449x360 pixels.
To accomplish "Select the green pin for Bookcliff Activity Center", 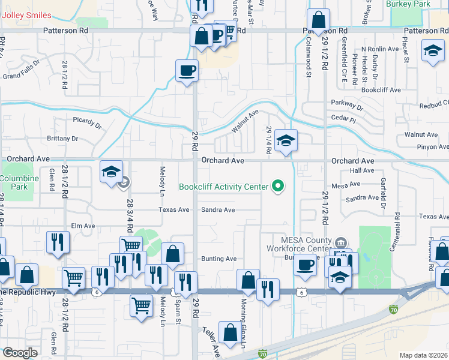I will click(277, 187).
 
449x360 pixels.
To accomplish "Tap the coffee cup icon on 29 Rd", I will click(187, 71).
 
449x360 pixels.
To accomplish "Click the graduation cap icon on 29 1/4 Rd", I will click(286, 140).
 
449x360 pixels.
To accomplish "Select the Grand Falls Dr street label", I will click(21, 76).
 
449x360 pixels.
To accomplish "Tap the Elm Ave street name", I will click(83, 226).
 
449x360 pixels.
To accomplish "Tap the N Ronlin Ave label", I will click(380, 49).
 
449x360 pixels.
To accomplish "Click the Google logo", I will click(20, 353).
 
